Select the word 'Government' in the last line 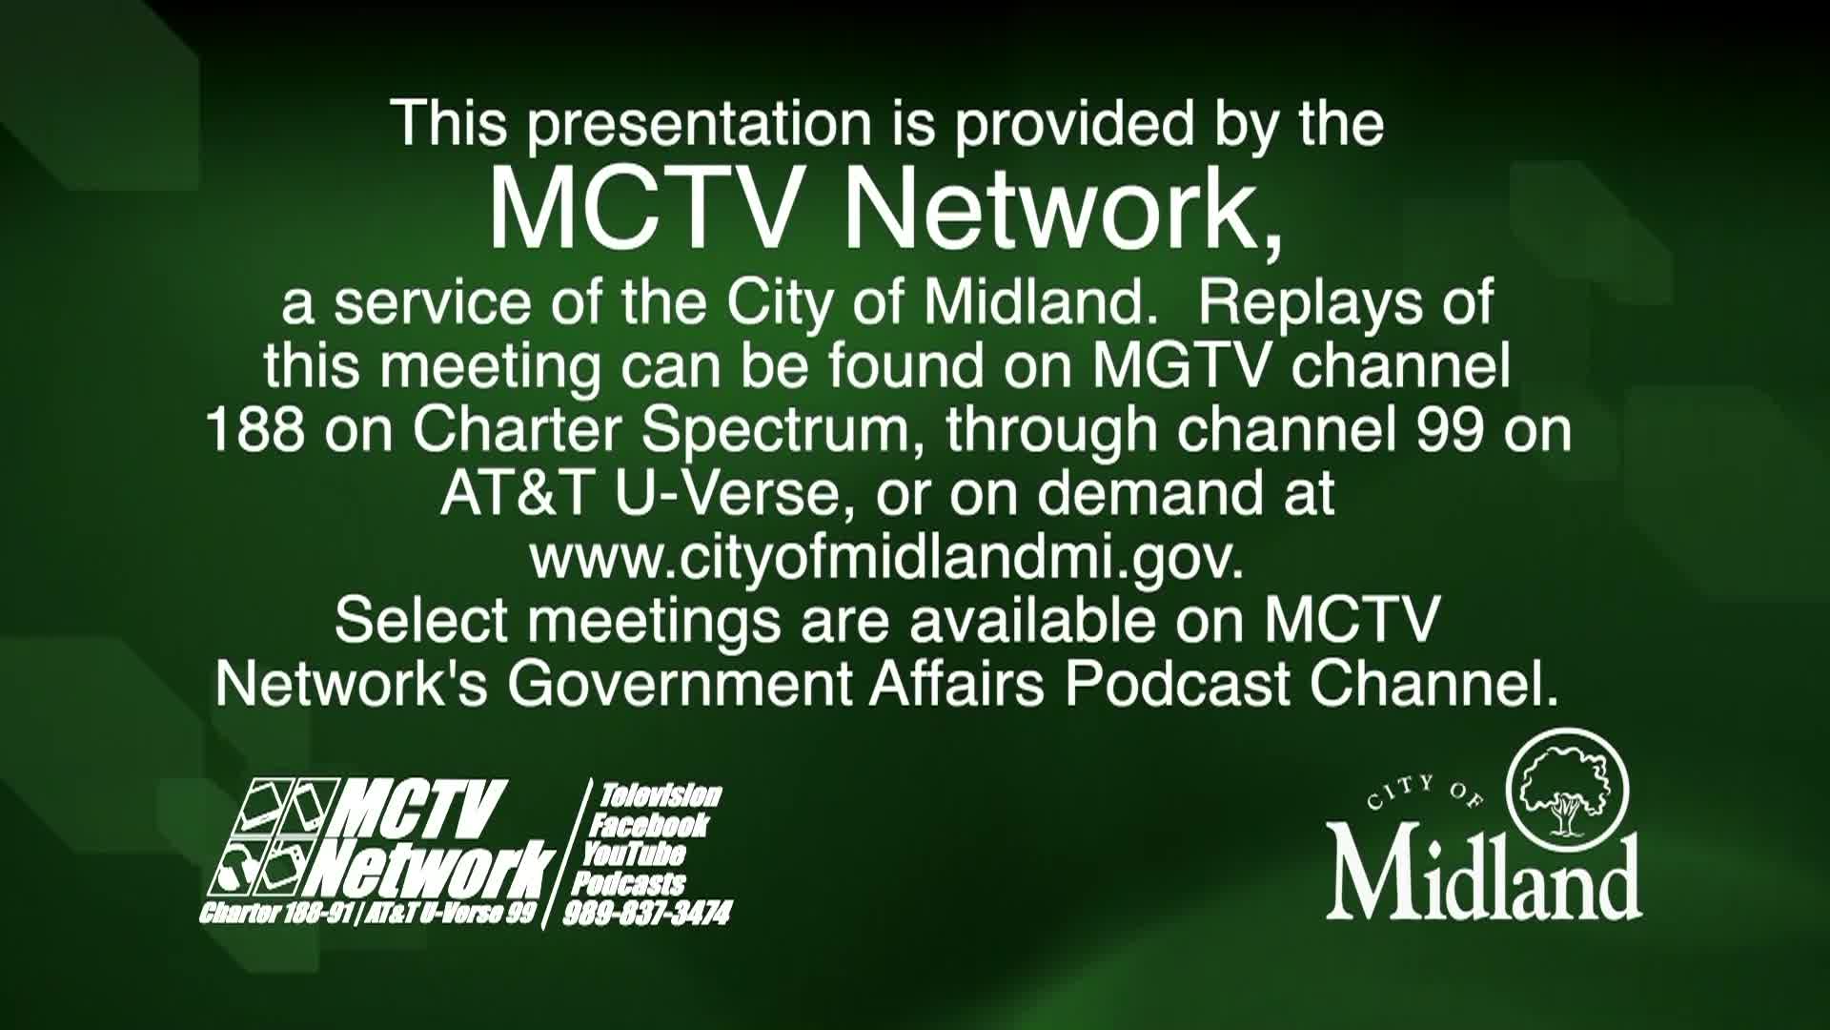pyautogui.click(x=679, y=684)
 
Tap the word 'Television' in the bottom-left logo pyautogui.click(x=660, y=795)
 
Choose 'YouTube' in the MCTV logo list pyautogui.click(x=634, y=854)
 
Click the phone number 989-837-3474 pyautogui.click(x=647, y=914)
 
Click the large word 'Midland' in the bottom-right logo pyautogui.click(x=1483, y=875)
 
